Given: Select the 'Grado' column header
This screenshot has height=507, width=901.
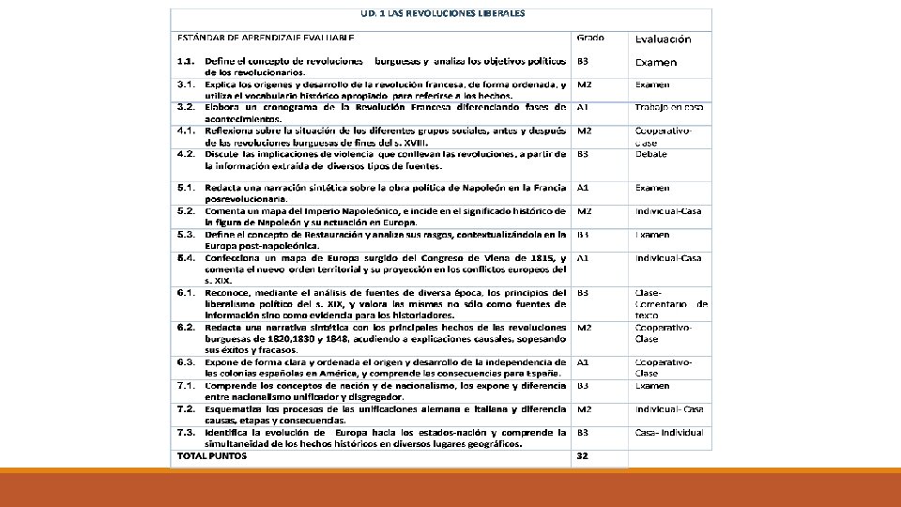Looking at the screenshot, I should point(590,38).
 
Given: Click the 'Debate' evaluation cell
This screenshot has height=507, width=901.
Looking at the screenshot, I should point(650,153).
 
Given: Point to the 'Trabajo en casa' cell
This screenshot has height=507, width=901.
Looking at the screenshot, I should point(669,107).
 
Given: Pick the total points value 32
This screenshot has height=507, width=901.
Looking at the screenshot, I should point(583,455).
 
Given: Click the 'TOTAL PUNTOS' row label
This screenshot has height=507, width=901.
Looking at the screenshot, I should point(212,455).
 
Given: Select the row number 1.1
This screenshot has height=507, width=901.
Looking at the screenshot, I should point(186,61).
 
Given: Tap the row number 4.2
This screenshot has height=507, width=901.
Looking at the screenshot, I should point(186,153).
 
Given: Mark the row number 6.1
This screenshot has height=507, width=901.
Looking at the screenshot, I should point(186,292).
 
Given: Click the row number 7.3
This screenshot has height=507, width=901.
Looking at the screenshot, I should point(186,433).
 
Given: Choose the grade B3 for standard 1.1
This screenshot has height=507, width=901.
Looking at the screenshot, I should point(583,61).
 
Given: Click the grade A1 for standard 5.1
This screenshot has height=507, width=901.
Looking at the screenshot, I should point(583,188).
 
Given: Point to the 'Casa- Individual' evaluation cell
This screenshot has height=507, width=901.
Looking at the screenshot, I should point(669,432).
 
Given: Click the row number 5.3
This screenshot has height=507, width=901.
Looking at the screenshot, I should point(186,234).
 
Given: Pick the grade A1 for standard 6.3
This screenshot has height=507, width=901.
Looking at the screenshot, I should point(583,361).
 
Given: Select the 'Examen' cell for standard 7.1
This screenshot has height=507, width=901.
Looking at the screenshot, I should point(652,385).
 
